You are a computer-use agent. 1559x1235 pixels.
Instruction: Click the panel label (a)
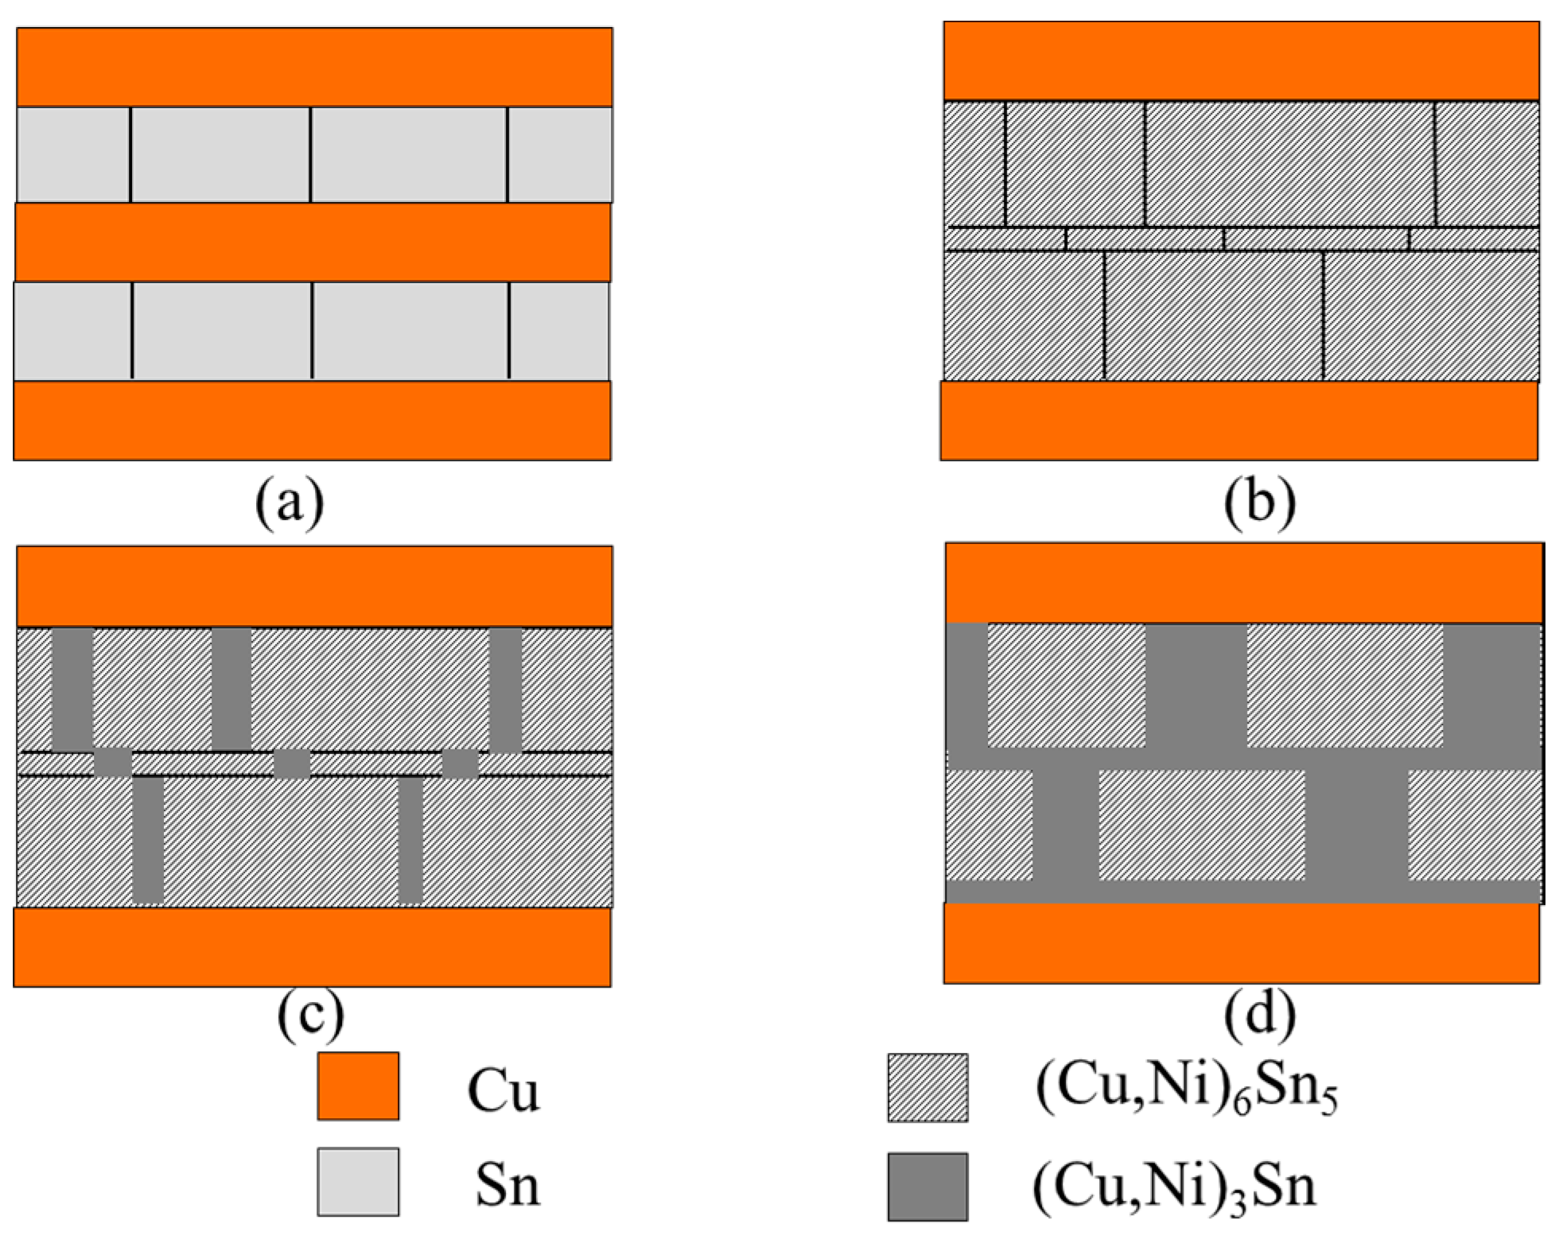coord(290,503)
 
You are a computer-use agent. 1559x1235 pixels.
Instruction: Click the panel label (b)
coord(1260,503)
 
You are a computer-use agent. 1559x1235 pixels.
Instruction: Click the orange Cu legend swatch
coord(358,1086)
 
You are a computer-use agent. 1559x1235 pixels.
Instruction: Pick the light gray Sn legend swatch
coord(358,1182)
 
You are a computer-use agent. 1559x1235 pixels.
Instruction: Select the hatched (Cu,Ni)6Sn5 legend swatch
coord(927,1087)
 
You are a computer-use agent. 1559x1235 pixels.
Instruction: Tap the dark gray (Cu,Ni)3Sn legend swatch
coord(927,1186)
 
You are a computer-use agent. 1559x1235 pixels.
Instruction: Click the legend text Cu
coord(503,1091)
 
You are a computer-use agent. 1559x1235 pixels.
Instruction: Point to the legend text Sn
coord(507,1186)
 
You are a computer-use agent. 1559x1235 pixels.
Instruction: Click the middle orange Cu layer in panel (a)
coord(313,242)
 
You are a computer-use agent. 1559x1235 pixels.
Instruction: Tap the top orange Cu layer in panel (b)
coord(1240,61)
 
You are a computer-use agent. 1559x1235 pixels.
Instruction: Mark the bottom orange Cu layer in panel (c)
coord(313,947)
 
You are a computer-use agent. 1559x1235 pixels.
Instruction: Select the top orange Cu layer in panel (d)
coord(1243,582)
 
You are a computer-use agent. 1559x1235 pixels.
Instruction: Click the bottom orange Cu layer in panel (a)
coord(313,420)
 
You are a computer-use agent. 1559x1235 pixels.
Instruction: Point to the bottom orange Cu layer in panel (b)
coord(1238,420)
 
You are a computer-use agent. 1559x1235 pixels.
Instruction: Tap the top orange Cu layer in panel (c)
coord(314,586)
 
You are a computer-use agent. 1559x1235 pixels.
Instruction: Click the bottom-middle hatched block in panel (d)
coord(1201,825)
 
